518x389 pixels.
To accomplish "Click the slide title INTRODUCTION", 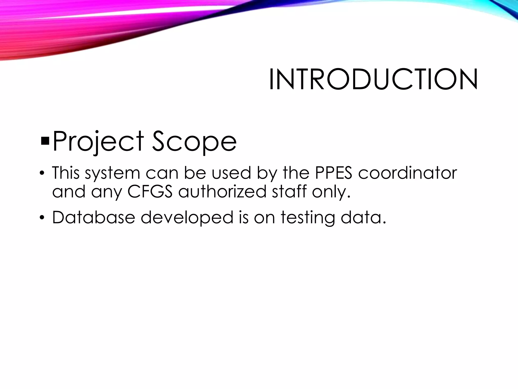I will pos(373,79).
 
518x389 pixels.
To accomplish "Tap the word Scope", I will pos(194,141).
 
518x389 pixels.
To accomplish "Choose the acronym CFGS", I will pos(150,191).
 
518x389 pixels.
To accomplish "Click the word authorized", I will pos(222,191).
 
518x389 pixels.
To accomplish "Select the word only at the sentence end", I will pos(331,192).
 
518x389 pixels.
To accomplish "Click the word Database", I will pos(93,217).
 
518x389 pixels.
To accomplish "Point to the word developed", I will pos(187,218).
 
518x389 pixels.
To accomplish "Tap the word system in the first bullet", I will pos(112,173).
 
